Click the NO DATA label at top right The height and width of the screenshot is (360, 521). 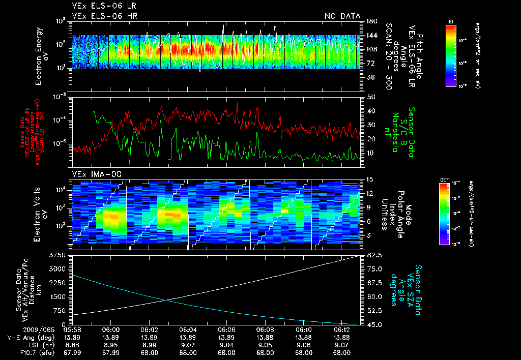(x=342, y=16)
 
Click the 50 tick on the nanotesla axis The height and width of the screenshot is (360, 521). (x=371, y=97)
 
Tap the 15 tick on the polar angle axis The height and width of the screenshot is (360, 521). (x=370, y=179)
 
